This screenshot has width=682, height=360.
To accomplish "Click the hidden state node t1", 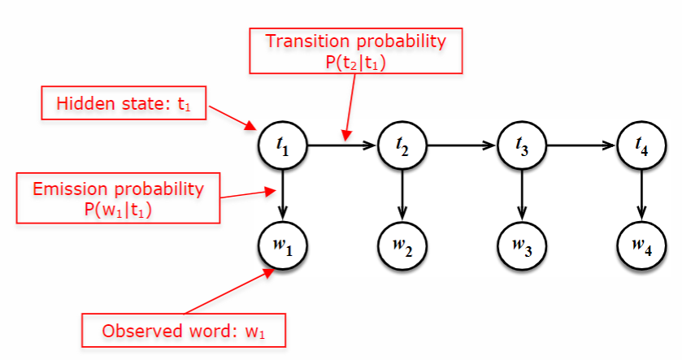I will pyautogui.click(x=281, y=146).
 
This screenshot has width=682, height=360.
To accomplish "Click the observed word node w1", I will pyautogui.click(x=281, y=243).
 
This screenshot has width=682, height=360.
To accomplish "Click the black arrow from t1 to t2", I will pyautogui.click(x=341, y=146).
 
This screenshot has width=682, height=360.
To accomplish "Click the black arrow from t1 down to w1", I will pyautogui.click(x=281, y=194).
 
